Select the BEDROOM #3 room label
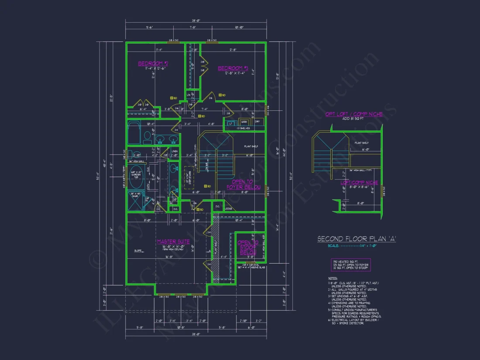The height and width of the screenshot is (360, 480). click(233, 68)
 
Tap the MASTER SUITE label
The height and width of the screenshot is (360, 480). click(173, 241)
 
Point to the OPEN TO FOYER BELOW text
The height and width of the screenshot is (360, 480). click(243, 185)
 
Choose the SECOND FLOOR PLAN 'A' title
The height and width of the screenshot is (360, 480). click(357, 239)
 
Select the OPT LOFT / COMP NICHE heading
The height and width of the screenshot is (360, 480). click(354, 114)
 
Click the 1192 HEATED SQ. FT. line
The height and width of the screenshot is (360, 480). click(344, 262)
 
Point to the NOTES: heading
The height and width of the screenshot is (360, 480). click(333, 278)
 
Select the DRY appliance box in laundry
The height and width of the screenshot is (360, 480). click(257, 122)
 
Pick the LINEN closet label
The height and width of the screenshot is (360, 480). click(175, 151)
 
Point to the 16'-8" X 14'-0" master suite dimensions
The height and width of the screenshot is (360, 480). click(173, 247)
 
